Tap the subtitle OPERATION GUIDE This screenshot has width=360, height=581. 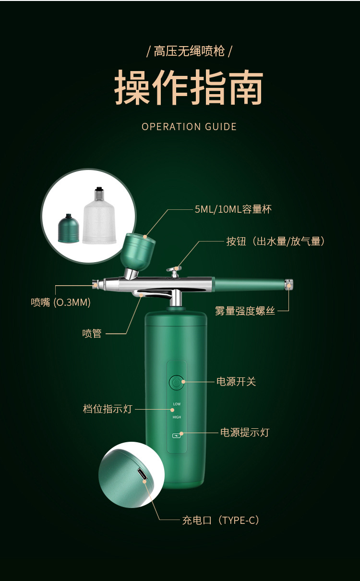(x=189, y=127)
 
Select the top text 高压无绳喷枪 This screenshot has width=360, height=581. (x=189, y=51)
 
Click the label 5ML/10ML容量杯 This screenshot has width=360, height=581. (x=233, y=209)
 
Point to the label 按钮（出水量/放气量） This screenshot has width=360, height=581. (x=276, y=241)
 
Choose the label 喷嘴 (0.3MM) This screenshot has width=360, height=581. (x=61, y=303)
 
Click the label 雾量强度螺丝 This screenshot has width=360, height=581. (x=245, y=311)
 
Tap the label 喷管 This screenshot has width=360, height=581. (x=92, y=333)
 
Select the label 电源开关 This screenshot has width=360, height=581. (x=236, y=382)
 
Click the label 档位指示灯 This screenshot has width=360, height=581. (x=107, y=409)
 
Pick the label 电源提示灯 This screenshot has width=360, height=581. (x=244, y=432)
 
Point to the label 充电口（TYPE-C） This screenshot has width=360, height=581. (x=221, y=520)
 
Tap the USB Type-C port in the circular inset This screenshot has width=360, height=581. (x=142, y=474)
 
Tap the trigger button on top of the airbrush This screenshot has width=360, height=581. (x=174, y=271)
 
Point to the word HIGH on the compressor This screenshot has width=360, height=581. (x=177, y=417)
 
